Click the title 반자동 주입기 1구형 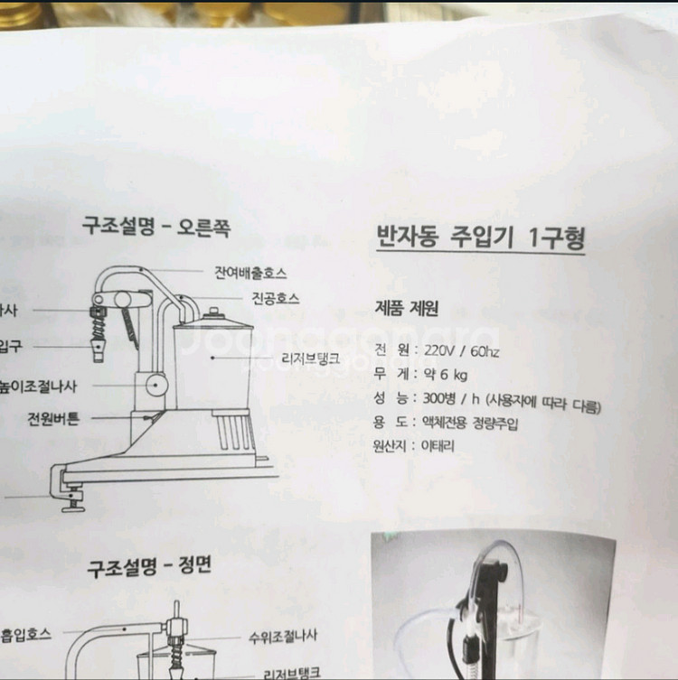point(480,238)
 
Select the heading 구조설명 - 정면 point(149,568)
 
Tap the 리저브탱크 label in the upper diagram point(310,359)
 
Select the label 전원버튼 point(53,419)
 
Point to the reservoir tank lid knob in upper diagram point(213,313)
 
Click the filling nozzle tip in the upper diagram point(97,349)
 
